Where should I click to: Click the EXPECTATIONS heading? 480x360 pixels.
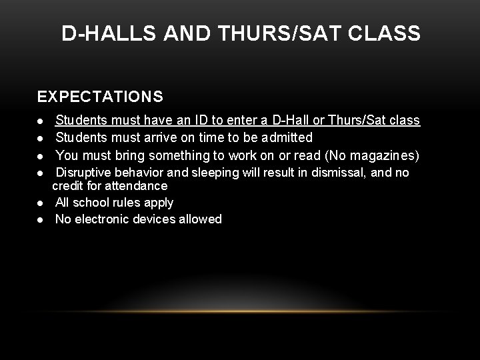click(x=100, y=97)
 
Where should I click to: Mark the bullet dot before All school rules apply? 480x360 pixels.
click(x=41, y=203)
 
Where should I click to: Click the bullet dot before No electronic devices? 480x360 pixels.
click(x=41, y=219)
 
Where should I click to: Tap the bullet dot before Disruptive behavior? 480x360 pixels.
click(x=41, y=173)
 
